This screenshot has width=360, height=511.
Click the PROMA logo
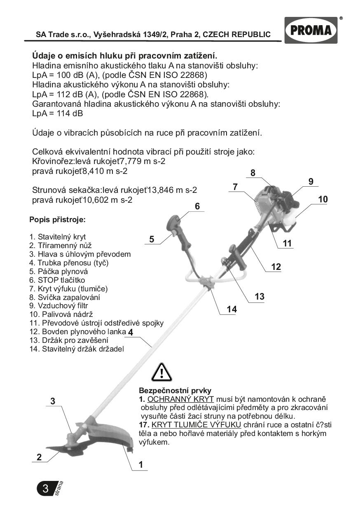tap(311, 30)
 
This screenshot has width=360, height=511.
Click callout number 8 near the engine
tap(252, 173)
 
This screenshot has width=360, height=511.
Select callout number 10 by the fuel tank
tap(323, 199)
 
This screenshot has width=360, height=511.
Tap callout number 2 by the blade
tap(39, 457)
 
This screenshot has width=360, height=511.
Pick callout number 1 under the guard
tap(140, 464)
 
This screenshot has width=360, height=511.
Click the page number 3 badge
tap(46, 488)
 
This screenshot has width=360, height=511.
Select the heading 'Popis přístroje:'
tap(57, 220)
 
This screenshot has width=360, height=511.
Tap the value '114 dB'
tap(66, 113)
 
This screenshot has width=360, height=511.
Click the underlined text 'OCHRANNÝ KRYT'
tap(180, 399)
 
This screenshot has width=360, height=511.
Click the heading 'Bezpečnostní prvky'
tap(175, 391)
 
